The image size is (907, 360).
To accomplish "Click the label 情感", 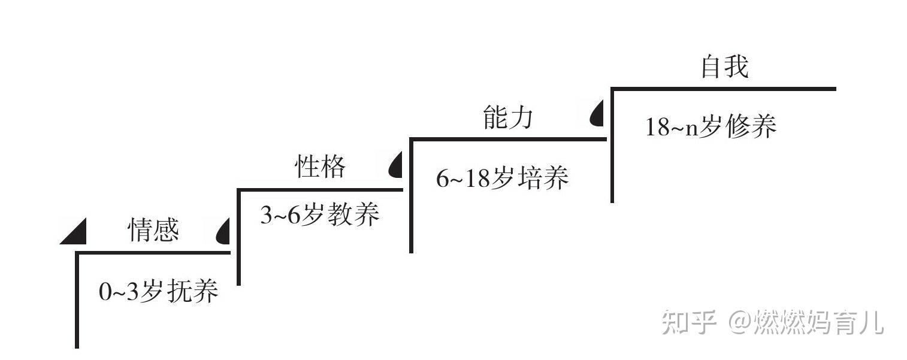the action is (x=154, y=230).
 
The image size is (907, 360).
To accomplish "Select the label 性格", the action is (x=321, y=167).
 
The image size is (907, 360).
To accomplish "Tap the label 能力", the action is (x=507, y=118).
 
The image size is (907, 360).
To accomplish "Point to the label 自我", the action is (x=724, y=67).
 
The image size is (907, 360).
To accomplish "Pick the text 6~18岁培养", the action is (x=502, y=179).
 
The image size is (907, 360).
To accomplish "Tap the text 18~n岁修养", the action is (x=711, y=128).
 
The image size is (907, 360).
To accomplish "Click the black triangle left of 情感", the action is (x=75, y=234).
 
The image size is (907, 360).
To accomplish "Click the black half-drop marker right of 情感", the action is (x=223, y=232).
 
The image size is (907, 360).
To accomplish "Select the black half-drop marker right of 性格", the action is (x=396, y=166).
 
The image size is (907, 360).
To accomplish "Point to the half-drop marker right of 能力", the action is (x=597, y=114).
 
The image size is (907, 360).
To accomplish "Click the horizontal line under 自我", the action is (x=723, y=89).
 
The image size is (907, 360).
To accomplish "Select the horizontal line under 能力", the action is (x=508, y=140).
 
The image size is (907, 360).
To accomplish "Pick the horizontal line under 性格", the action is (x=321, y=190).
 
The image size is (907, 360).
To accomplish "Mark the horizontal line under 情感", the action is (x=153, y=253).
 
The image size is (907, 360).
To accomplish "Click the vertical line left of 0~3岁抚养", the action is (x=77, y=300).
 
